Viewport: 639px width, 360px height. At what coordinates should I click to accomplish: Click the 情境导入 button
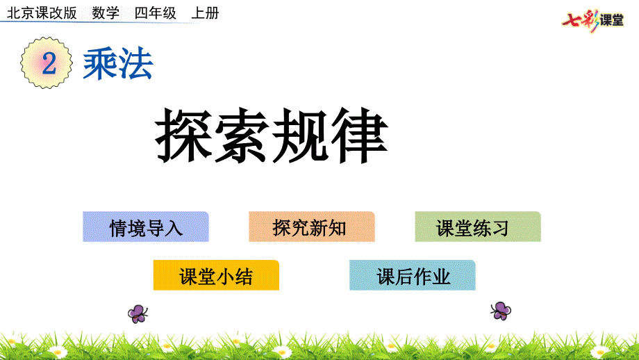pyautogui.click(x=145, y=227)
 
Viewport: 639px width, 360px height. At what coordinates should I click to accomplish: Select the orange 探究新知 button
pyautogui.click(x=312, y=227)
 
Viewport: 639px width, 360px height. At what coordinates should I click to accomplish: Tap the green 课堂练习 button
pyautogui.click(x=478, y=227)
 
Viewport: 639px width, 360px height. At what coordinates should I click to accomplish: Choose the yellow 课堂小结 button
pyautogui.click(x=216, y=275)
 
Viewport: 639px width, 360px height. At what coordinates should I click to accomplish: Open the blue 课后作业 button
pyautogui.click(x=413, y=275)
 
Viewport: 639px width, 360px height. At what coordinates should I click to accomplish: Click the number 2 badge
pyautogui.click(x=47, y=63)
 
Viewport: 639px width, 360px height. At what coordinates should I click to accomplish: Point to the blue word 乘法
pyautogui.click(x=118, y=64)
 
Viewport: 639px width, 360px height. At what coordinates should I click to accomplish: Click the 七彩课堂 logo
pyautogui.click(x=592, y=19)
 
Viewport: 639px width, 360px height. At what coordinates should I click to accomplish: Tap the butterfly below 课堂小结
pyautogui.click(x=138, y=314)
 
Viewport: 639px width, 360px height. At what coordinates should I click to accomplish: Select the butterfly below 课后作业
pyautogui.click(x=501, y=311)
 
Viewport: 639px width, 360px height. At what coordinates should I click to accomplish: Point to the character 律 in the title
pyautogui.click(x=359, y=135)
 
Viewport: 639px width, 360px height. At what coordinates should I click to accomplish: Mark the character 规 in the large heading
pyautogui.click(x=301, y=135)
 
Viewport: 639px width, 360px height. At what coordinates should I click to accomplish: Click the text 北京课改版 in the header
pyautogui.click(x=42, y=13)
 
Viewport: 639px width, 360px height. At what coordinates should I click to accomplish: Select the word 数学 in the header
pyautogui.click(x=106, y=13)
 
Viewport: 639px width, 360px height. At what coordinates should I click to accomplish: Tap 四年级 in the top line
pyautogui.click(x=156, y=13)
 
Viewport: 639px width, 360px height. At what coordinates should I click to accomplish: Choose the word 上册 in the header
pyautogui.click(x=205, y=13)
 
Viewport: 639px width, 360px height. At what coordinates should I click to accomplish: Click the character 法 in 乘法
pyautogui.click(x=136, y=64)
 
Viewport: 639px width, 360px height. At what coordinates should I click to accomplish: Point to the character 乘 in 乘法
pyautogui.click(x=100, y=64)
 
